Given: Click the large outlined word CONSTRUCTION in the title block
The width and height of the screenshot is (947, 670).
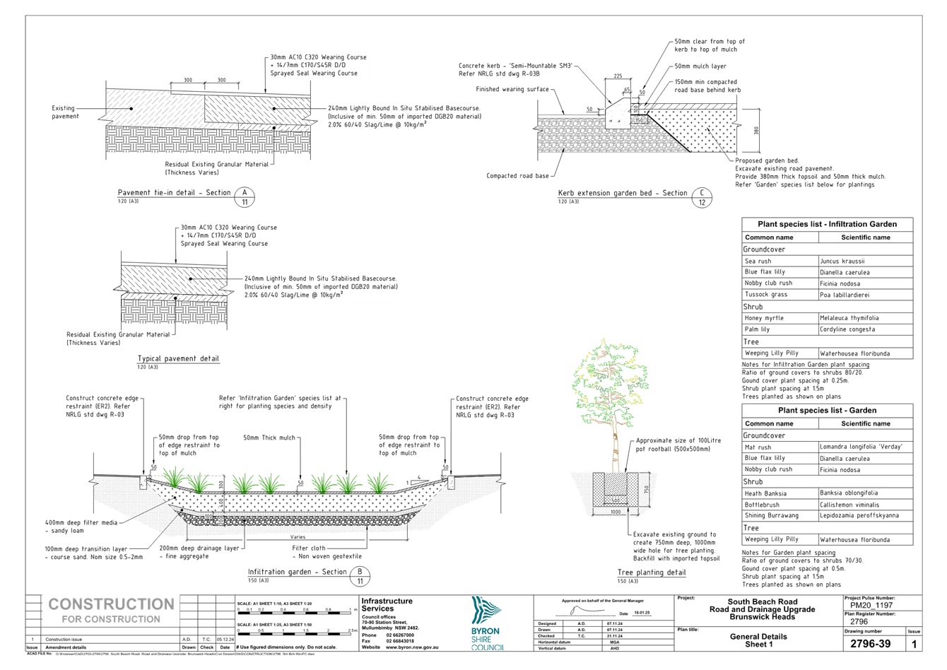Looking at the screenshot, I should pyautogui.click(x=111, y=604).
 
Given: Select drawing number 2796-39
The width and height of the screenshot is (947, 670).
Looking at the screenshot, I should pyautogui.click(x=869, y=644).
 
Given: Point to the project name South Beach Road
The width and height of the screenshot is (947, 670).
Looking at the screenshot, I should pyautogui.click(x=762, y=602).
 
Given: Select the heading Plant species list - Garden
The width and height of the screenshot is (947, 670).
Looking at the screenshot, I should pyautogui.click(x=828, y=411).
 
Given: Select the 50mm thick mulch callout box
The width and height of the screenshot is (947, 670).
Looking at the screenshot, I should pyautogui.click(x=269, y=437).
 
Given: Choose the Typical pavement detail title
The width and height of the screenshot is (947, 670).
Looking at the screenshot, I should pyautogui.click(x=178, y=359).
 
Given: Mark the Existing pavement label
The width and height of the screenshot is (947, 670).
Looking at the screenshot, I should pyautogui.click(x=65, y=112).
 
